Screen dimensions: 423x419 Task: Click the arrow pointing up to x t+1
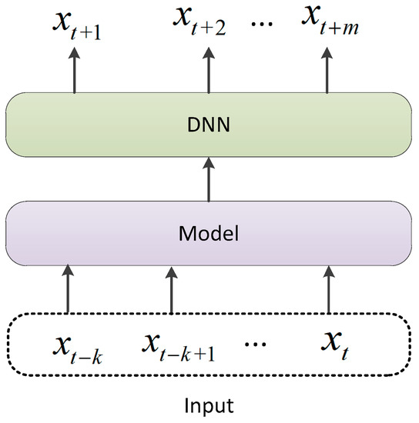pos(74,72)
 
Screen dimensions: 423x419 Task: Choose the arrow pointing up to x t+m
pos(327,72)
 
